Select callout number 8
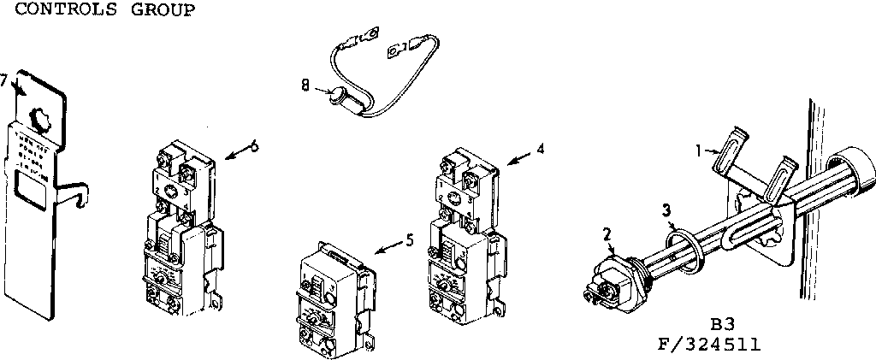tap(305, 86)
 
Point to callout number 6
tap(254, 144)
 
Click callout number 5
tap(410, 240)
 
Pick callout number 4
tap(540, 147)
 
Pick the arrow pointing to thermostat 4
tap(519, 156)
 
